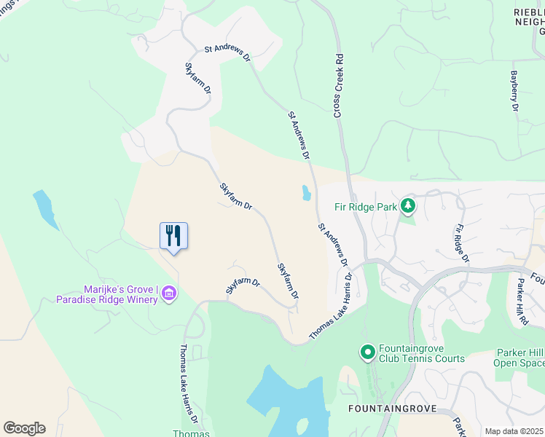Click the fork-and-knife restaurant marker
click(173, 236)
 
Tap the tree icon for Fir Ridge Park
click(408, 206)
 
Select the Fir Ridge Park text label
click(366, 207)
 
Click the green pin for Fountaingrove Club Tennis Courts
click(368, 353)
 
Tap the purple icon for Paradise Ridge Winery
click(169, 294)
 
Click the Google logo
click(24, 428)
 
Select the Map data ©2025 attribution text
click(514, 431)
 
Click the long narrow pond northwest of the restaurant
click(44, 209)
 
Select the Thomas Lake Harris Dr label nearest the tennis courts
click(331, 306)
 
